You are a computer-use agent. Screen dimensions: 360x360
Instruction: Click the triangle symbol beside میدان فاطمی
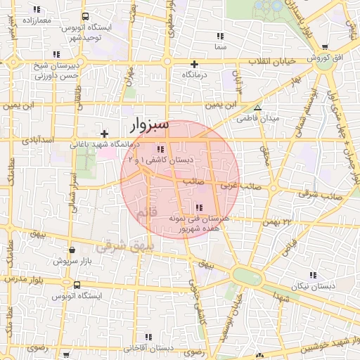click(258, 108)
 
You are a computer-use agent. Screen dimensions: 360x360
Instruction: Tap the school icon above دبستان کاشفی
click(161, 149)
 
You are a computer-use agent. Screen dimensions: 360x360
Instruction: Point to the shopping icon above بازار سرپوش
click(72, 249)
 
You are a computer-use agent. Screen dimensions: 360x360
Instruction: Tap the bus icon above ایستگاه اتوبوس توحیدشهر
click(85, 16)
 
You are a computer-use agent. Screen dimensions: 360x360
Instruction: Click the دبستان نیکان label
click(313, 286)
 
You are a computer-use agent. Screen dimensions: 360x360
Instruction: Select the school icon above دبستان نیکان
click(313, 275)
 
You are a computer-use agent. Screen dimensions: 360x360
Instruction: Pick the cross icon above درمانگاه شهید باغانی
click(104, 133)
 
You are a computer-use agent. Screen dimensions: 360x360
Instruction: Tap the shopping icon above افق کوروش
click(325, 47)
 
